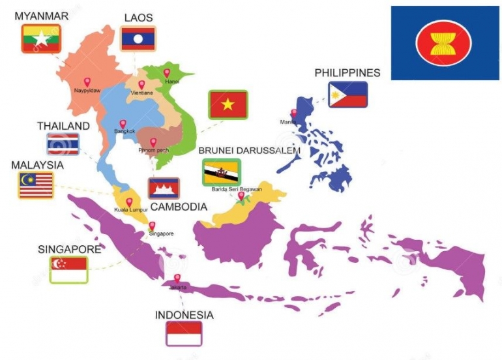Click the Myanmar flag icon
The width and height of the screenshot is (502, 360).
pyautogui.click(x=40, y=38)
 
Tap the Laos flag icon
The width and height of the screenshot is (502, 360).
pyautogui.click(x=138, y=38)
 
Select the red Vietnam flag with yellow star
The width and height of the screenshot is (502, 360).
pyautogui.click(x=228, y=105)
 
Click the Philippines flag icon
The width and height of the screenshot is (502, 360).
pyautogui.click(x=347, y=95)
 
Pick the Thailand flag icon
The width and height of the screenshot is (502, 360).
pyautogui.click(x=63, y=144)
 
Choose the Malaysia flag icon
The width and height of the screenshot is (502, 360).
pyautogui.click(x=36, y=185)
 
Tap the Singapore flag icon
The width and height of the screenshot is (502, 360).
pyautogui.click(x=68, y=269)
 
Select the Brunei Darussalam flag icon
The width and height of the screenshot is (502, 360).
pyautogui.click(x=221, y=172)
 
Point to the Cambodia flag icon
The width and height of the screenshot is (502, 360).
pyautogui.click(x=164, y=188)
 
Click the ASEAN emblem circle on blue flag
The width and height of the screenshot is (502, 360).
pyautogui.click(x=443, y=43)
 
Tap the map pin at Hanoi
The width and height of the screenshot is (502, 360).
pyautogui.click(x=167, y=72)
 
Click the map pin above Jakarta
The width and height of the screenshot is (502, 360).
pyautogui.click(x=177, y=278)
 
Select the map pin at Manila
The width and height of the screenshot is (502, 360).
pyautogui.click(x=293, y=113)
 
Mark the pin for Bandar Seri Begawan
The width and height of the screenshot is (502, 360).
pyautogui.click(x=241, y=195)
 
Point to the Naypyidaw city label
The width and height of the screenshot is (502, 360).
pyautogui.click(x=87, y=91)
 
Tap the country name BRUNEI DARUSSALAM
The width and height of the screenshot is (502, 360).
pyautogui.click(x=249, y=151)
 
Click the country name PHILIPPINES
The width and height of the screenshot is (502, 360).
pyautogui.click(x=347, y=73)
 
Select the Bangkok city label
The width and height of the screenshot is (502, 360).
pyautogui.click(x=125, y=131)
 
